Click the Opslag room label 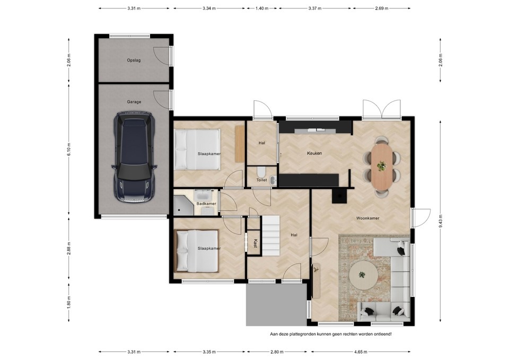(134, 60)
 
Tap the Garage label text (134, 102)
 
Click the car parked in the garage (134, 157)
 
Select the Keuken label (314, 153)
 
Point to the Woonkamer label (368, 218)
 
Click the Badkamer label (206, 204)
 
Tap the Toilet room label (261, 180)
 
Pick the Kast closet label (256, 243)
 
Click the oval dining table (381, 167)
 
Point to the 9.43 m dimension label (441, 222)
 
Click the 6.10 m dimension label (69, 150)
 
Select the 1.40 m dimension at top (261, 8)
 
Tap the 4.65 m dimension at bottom (361, 352)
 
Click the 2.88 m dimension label (69, 248)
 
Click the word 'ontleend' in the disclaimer (383, 333)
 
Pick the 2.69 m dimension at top (381, 8)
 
